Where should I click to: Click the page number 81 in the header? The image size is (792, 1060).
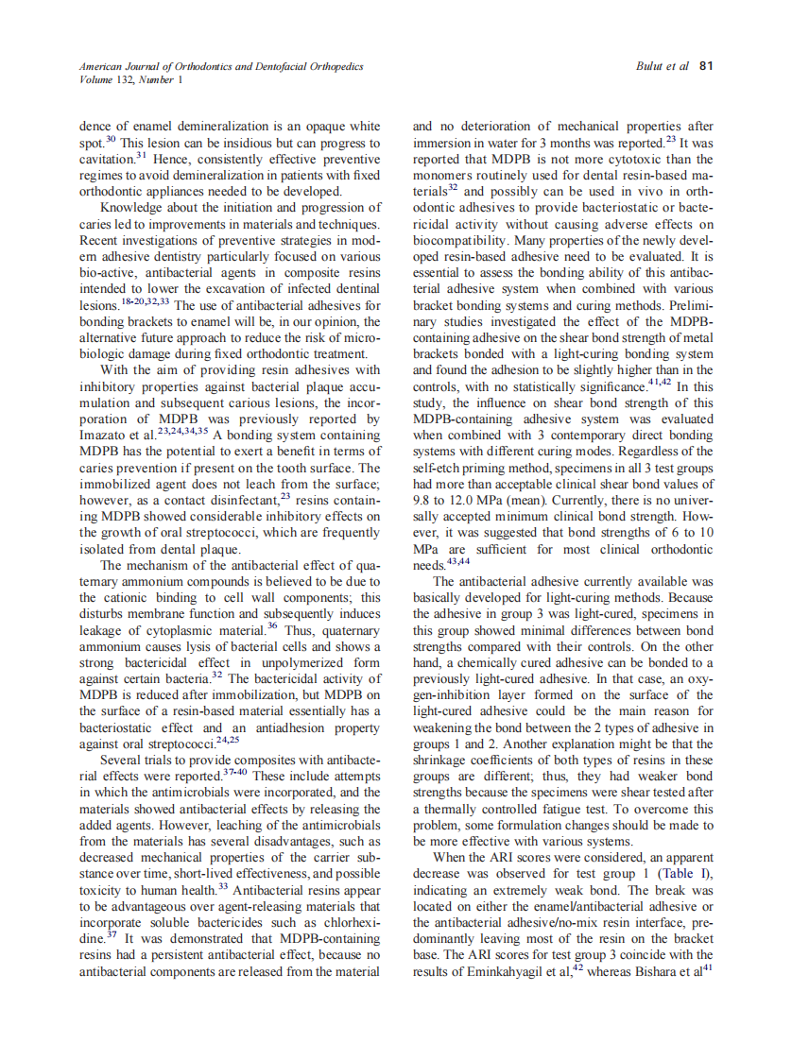coord(705,67)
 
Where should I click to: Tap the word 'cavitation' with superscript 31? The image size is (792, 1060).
coord(105,158)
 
